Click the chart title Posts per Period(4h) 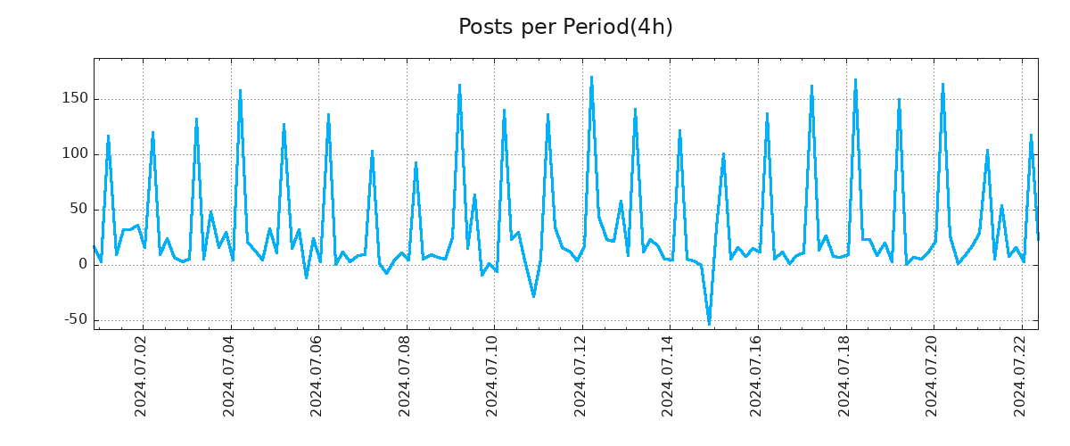click(x=565, y=28)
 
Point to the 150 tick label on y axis click(x=73, y=99)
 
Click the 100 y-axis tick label click(x=73, y=154)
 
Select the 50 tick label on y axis click(x=78, y=210)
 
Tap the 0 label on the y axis click(x=82, y=265)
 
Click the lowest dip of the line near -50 click(x=709, y=324)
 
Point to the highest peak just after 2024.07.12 click(x=591, y=78)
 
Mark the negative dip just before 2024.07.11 click(x=533, y=296)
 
